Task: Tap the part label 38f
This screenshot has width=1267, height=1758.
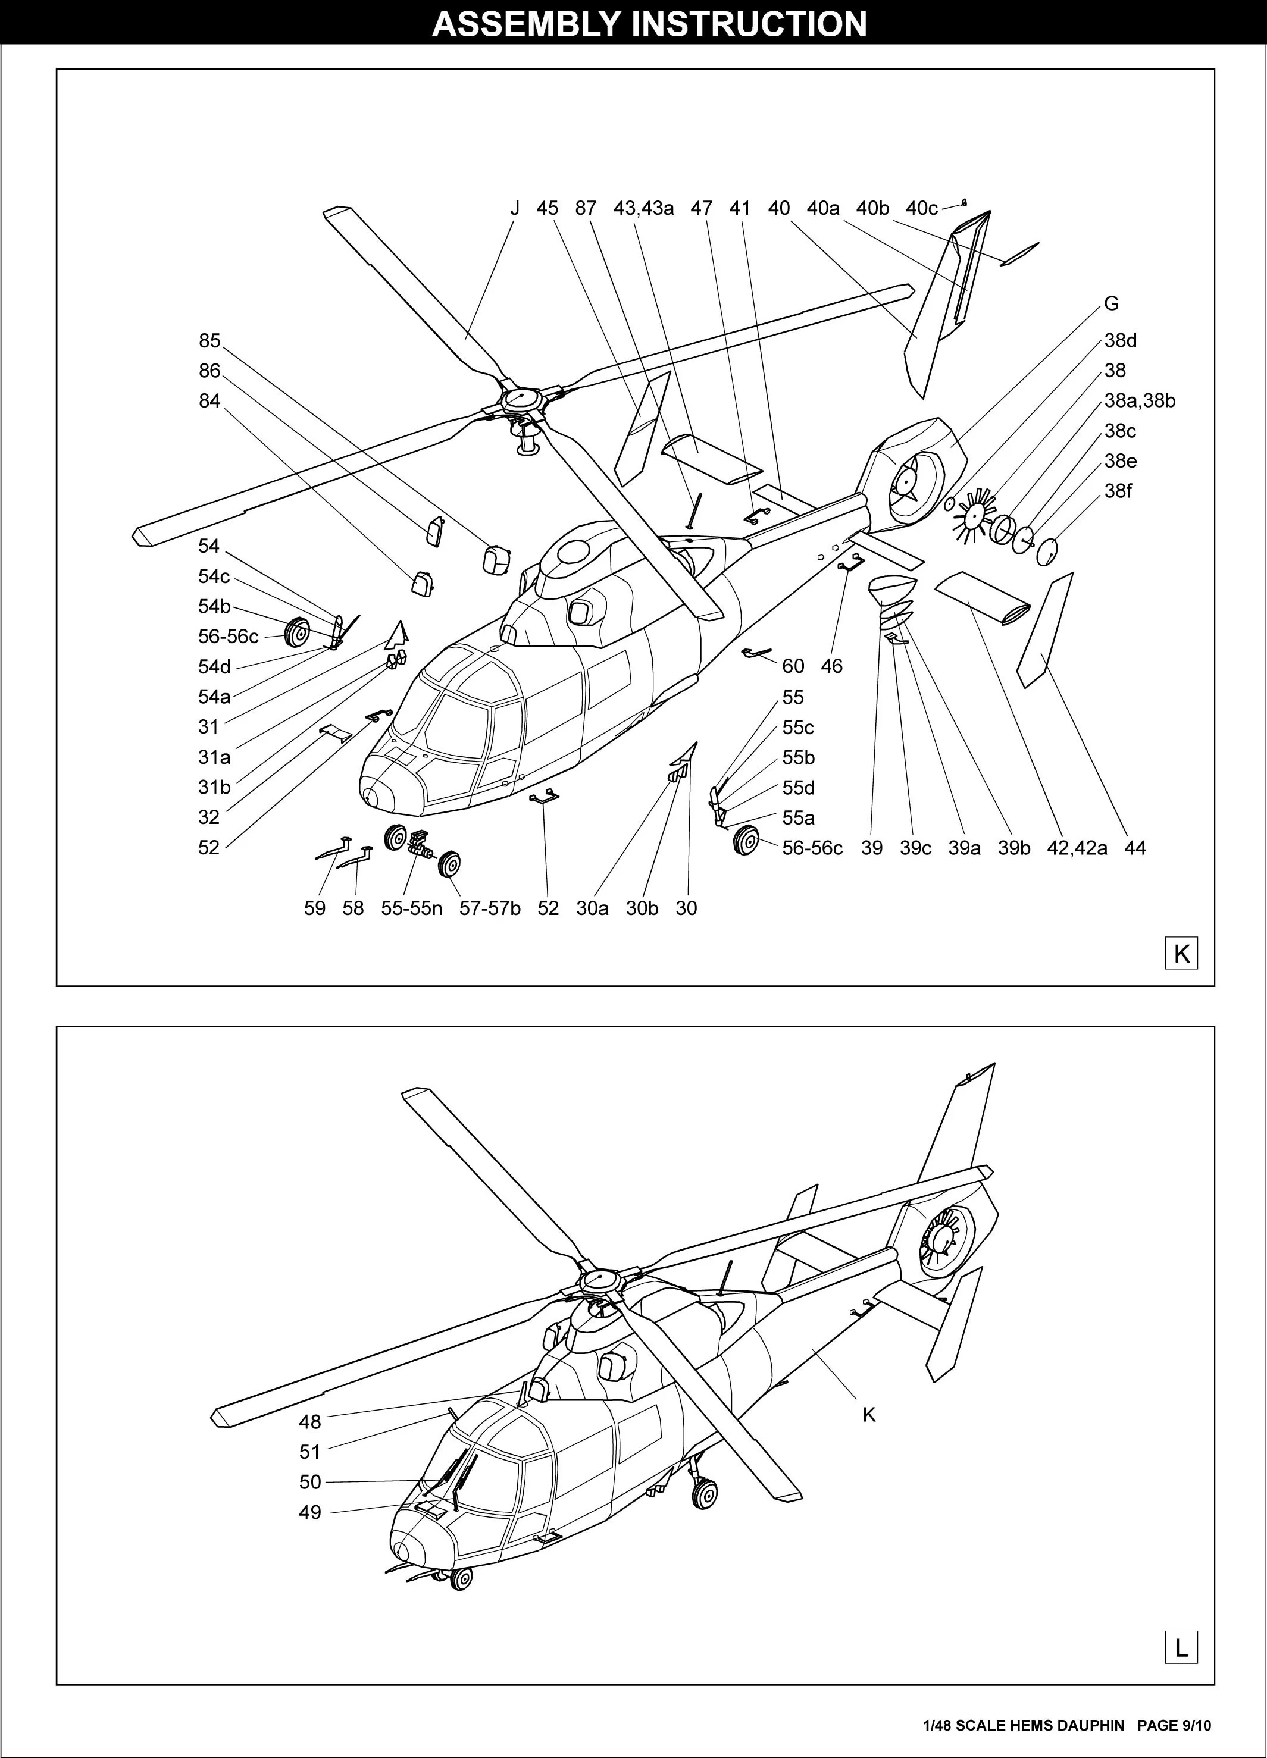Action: point(1118,491)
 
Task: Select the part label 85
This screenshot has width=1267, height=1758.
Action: point(209,341)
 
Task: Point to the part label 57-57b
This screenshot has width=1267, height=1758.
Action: point(490,908)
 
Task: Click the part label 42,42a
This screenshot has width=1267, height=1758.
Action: point(1077,848)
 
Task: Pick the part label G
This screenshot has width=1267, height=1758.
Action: point(1111,304)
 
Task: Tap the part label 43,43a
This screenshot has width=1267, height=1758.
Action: point(643,208)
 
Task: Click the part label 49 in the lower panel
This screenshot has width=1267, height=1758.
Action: point(310,1512)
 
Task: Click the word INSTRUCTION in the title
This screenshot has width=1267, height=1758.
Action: point(750,23)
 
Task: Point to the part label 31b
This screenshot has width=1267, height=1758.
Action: point(214,788)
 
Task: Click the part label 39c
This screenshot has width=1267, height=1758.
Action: point(915,848)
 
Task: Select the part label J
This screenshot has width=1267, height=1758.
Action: point(515,208)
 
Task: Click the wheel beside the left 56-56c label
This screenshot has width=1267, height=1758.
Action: point(298,634)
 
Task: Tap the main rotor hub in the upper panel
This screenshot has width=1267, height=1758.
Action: point(520,400)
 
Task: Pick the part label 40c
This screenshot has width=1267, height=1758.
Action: point(921,208)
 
